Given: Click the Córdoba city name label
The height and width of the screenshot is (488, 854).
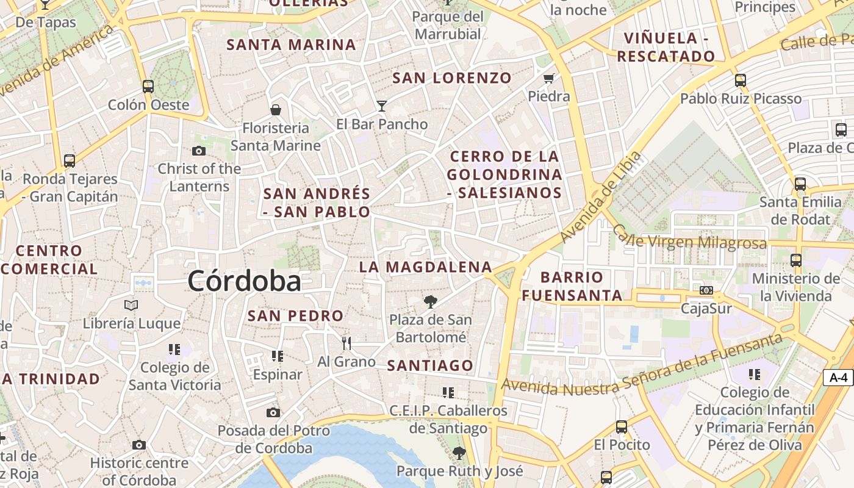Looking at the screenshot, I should pos(244,281).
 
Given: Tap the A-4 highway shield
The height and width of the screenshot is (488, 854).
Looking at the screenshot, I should pos(838,378).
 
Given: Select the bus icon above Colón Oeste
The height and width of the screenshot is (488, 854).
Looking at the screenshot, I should pos(148,86).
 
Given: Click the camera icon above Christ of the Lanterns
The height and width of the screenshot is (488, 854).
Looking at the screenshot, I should pos(199,151).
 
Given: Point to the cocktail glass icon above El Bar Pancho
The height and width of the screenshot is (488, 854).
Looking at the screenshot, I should pos(382,106).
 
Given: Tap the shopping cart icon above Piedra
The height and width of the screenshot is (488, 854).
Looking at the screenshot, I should pos(548,78).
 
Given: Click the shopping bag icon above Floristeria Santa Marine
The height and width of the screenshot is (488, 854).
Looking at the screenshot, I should pos(276,110).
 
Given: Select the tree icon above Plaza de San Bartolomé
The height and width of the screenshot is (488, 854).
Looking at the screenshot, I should pos(431,301).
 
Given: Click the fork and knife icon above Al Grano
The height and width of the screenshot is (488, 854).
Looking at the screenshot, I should pos(346,343).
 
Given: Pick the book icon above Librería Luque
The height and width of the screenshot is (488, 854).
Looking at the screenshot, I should pos(131,305).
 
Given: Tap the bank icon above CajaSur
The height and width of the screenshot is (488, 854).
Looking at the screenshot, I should pos(706,290).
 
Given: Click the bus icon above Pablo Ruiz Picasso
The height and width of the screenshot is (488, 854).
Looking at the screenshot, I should pos(740,80).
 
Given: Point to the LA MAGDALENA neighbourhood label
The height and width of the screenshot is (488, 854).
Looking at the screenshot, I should pos(425,267).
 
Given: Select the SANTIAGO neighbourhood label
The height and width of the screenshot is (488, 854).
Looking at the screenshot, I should pos(430,365).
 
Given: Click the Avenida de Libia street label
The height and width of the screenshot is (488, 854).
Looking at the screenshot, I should pos(601,196).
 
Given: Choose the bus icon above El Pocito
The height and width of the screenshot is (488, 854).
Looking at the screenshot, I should pos(622,426).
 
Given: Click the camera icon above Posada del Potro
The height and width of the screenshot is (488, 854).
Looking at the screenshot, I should pos(273,412).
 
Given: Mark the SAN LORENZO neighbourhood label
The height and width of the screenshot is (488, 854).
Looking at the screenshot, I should pos(452,77).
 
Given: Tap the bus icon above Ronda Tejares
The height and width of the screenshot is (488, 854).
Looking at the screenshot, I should pos(70,161).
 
